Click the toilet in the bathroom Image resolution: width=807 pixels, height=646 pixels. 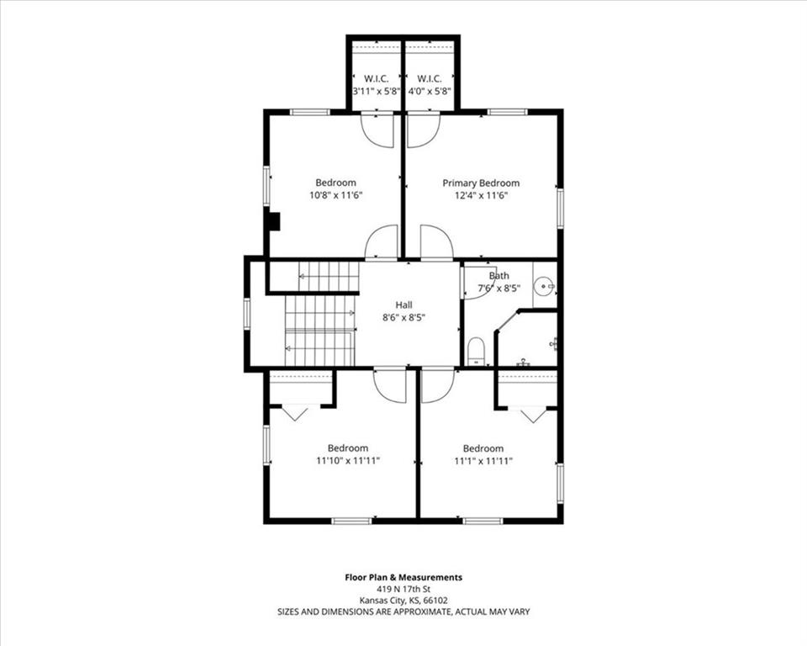[x=476, y=351]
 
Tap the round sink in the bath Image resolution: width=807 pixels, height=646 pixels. [x=544, y=285]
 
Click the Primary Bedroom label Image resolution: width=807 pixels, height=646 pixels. [x=481, y=183]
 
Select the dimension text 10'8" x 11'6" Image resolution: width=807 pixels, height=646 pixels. [x=335, y=195]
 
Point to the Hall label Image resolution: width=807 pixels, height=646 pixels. [x=403, y=305]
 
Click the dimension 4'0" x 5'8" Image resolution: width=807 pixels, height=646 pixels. [x=430, y=92]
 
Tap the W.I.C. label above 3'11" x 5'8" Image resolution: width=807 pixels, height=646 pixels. [x=377, y=79]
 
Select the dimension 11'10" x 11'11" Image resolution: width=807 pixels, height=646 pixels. [x=348, y=461]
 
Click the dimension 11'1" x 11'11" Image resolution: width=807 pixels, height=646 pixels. [x=483, y=461]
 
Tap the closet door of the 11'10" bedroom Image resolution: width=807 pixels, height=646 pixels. [x=294, y=413]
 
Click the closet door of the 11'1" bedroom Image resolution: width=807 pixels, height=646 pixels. [x=533, y=415]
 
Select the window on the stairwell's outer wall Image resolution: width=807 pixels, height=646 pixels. [x=246, y=314]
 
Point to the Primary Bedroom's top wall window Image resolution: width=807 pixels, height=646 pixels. [x=507, y=111]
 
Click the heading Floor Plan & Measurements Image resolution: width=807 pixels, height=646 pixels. [x=403, y=578]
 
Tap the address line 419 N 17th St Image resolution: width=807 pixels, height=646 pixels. [x=403, y=589]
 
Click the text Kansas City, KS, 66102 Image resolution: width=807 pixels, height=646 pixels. [x=403, y=600]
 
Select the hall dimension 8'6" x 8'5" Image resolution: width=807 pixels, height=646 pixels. [x=403, y=318]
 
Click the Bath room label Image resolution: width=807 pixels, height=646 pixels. [x=498, y=276]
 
